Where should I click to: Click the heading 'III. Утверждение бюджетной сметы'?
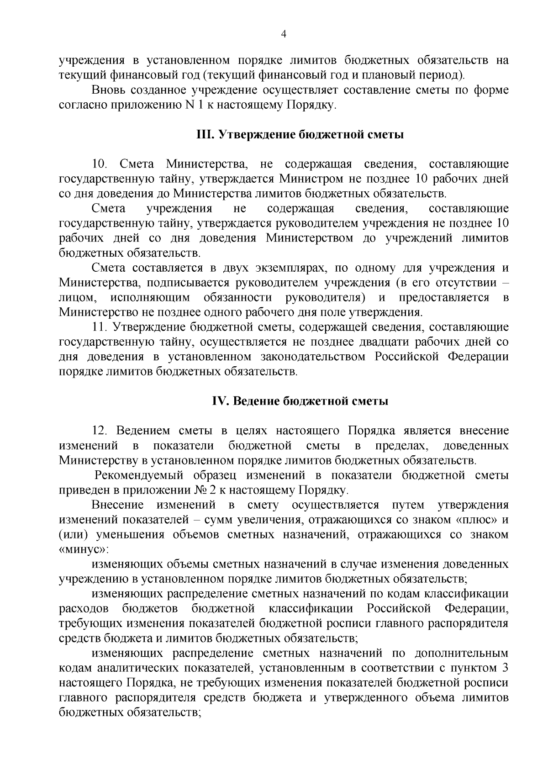coord(300,135)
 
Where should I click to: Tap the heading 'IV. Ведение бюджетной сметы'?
coord(300,401)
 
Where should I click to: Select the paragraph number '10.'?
coord(100,164)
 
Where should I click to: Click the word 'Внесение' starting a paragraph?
coord(118,505)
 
